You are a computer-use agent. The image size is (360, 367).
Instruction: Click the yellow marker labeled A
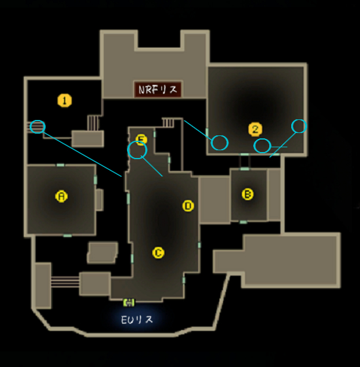click(62, 196)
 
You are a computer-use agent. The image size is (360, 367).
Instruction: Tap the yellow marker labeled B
click(247, 194)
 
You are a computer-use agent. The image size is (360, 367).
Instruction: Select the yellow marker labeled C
click(158, 253)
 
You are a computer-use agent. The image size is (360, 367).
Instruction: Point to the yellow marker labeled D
click(188, 206)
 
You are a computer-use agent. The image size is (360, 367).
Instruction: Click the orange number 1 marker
click(65, 100)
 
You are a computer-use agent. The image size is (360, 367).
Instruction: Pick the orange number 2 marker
click(255, 129)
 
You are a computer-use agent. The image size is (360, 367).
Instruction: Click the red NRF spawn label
click(158, 90)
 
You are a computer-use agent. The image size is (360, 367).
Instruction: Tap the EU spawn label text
click(137, 319)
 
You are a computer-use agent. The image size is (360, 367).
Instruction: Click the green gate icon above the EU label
click(129, 302)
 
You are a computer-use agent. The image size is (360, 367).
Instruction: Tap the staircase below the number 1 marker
click(93, 123)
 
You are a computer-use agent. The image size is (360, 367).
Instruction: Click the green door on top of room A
click(60, 165)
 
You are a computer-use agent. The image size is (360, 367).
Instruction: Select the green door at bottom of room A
click(68, 235)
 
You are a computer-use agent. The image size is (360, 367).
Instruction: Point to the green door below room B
click(243, 222)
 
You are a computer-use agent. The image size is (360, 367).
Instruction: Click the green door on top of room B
click(245, 169)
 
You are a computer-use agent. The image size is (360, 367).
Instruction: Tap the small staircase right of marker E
click(168, 122)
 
